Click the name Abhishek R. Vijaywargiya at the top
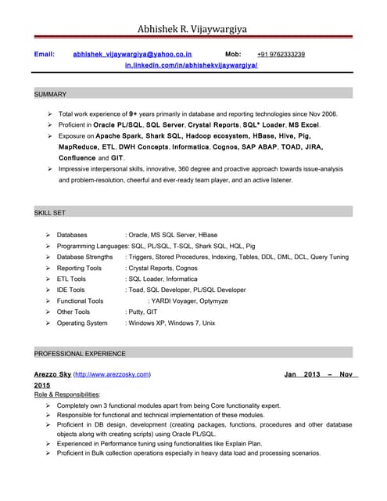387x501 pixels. (x=192, y=29)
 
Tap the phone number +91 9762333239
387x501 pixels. (x=281, y=54)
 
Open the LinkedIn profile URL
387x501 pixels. (x=192, y=67)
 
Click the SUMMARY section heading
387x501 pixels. (x=51, y=94)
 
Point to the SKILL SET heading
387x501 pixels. (x=50, y=213)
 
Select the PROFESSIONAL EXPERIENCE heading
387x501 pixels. (x=80, y=353)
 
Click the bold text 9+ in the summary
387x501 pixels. (x=134, y=114)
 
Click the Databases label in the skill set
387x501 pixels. (x=72, y=235)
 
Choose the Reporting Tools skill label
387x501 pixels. (x=79, y=268)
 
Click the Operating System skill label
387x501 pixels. (x=82, y=323)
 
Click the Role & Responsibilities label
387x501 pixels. (x=66, y=395)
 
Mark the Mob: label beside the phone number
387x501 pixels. (x=233, y=54)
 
